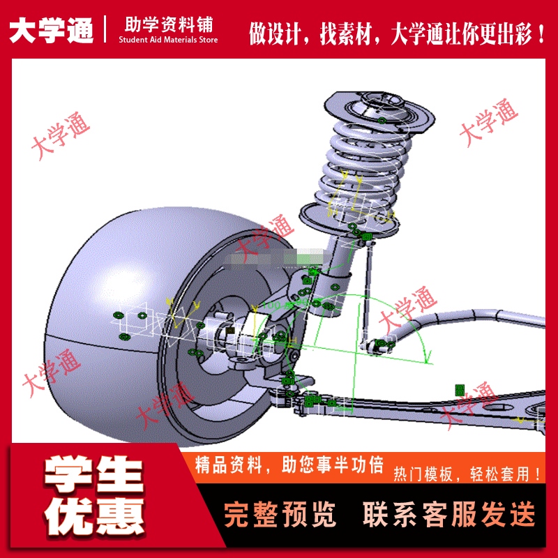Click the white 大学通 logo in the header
[51, 30]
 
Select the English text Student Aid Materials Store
[168, 40]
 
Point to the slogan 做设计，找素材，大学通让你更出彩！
[398, 32]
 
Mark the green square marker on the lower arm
[460, 389]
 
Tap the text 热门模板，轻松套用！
[467, 475]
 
